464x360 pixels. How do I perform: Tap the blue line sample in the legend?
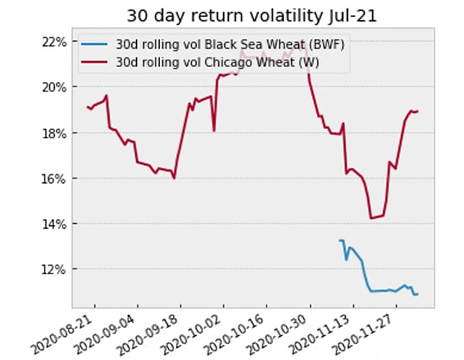(97, 45)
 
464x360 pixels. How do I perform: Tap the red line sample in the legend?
(97, 62)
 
